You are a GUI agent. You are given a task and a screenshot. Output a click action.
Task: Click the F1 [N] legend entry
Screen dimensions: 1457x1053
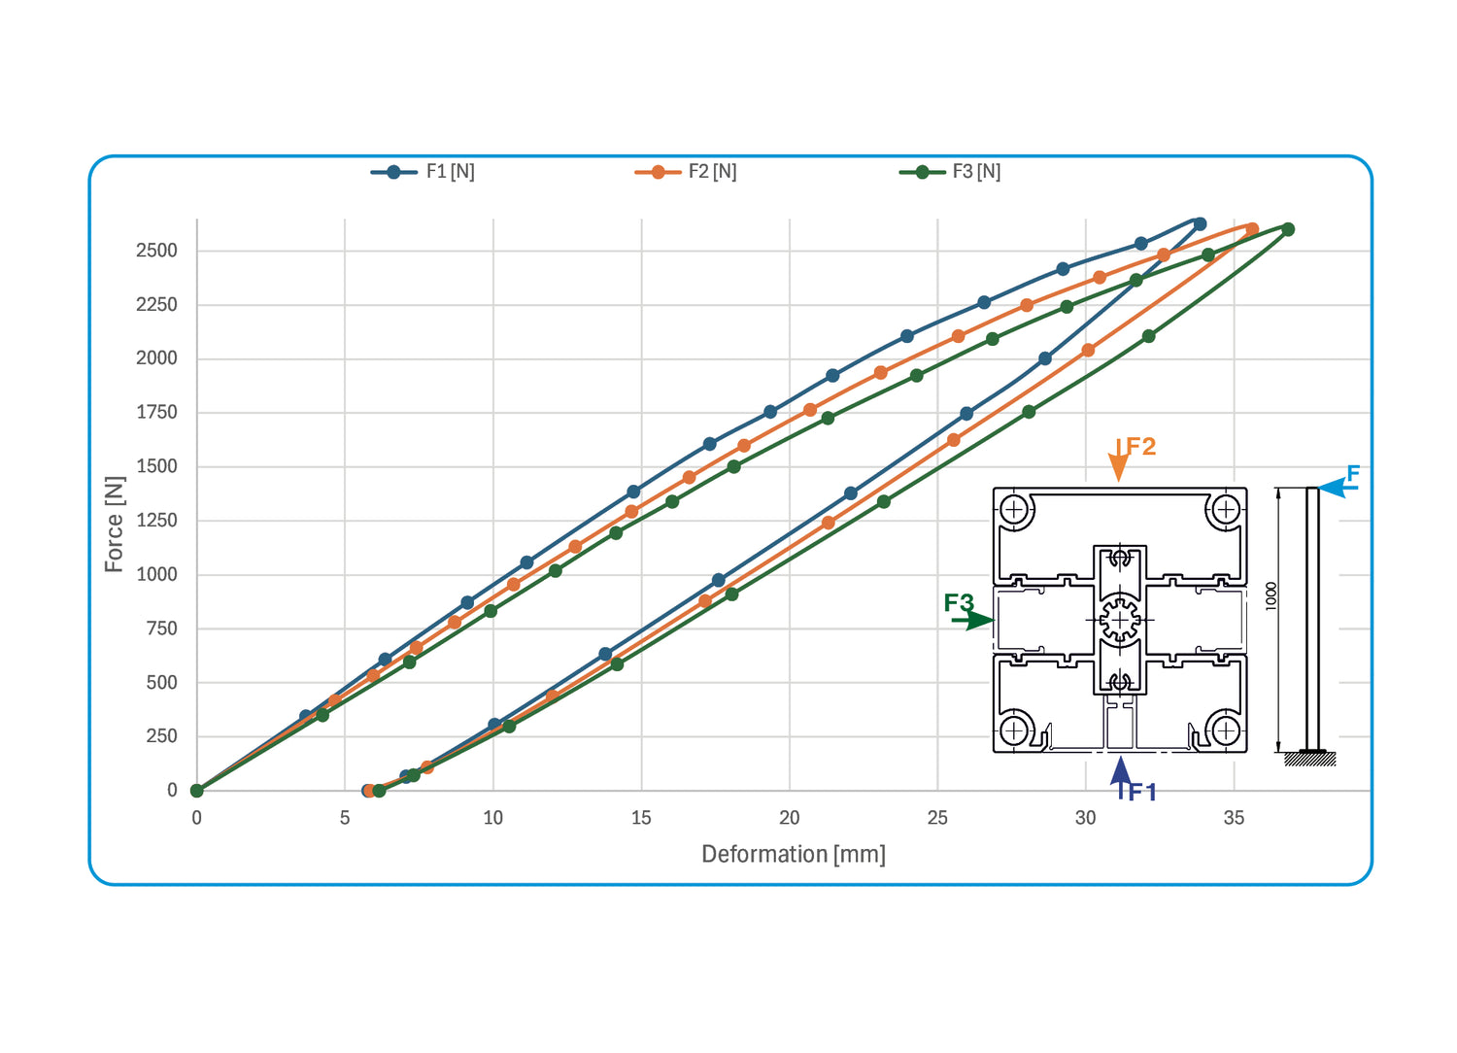click(x=423, y=172)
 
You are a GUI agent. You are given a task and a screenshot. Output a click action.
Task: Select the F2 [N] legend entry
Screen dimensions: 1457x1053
click(x=686, y=172)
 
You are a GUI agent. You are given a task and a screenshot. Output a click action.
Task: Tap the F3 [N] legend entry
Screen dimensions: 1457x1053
click(x=950, y=172)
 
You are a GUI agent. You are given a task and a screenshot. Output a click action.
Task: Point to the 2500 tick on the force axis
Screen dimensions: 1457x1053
click(x=156, y=251)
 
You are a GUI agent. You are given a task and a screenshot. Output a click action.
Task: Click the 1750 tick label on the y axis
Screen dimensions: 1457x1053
click(x=156, y=412)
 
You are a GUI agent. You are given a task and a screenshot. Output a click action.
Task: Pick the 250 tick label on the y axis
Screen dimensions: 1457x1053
click(x=161, y=736)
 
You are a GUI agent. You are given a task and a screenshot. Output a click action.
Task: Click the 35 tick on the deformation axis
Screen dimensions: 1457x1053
click(x=1234, y=818)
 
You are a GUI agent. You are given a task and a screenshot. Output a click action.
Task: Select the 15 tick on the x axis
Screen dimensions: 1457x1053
click(x=641, y=818)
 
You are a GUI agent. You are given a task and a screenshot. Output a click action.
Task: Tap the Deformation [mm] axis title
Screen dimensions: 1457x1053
click(x=794, y=855)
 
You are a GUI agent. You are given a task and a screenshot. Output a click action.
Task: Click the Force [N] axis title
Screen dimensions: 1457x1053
click(x=114, y=525)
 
